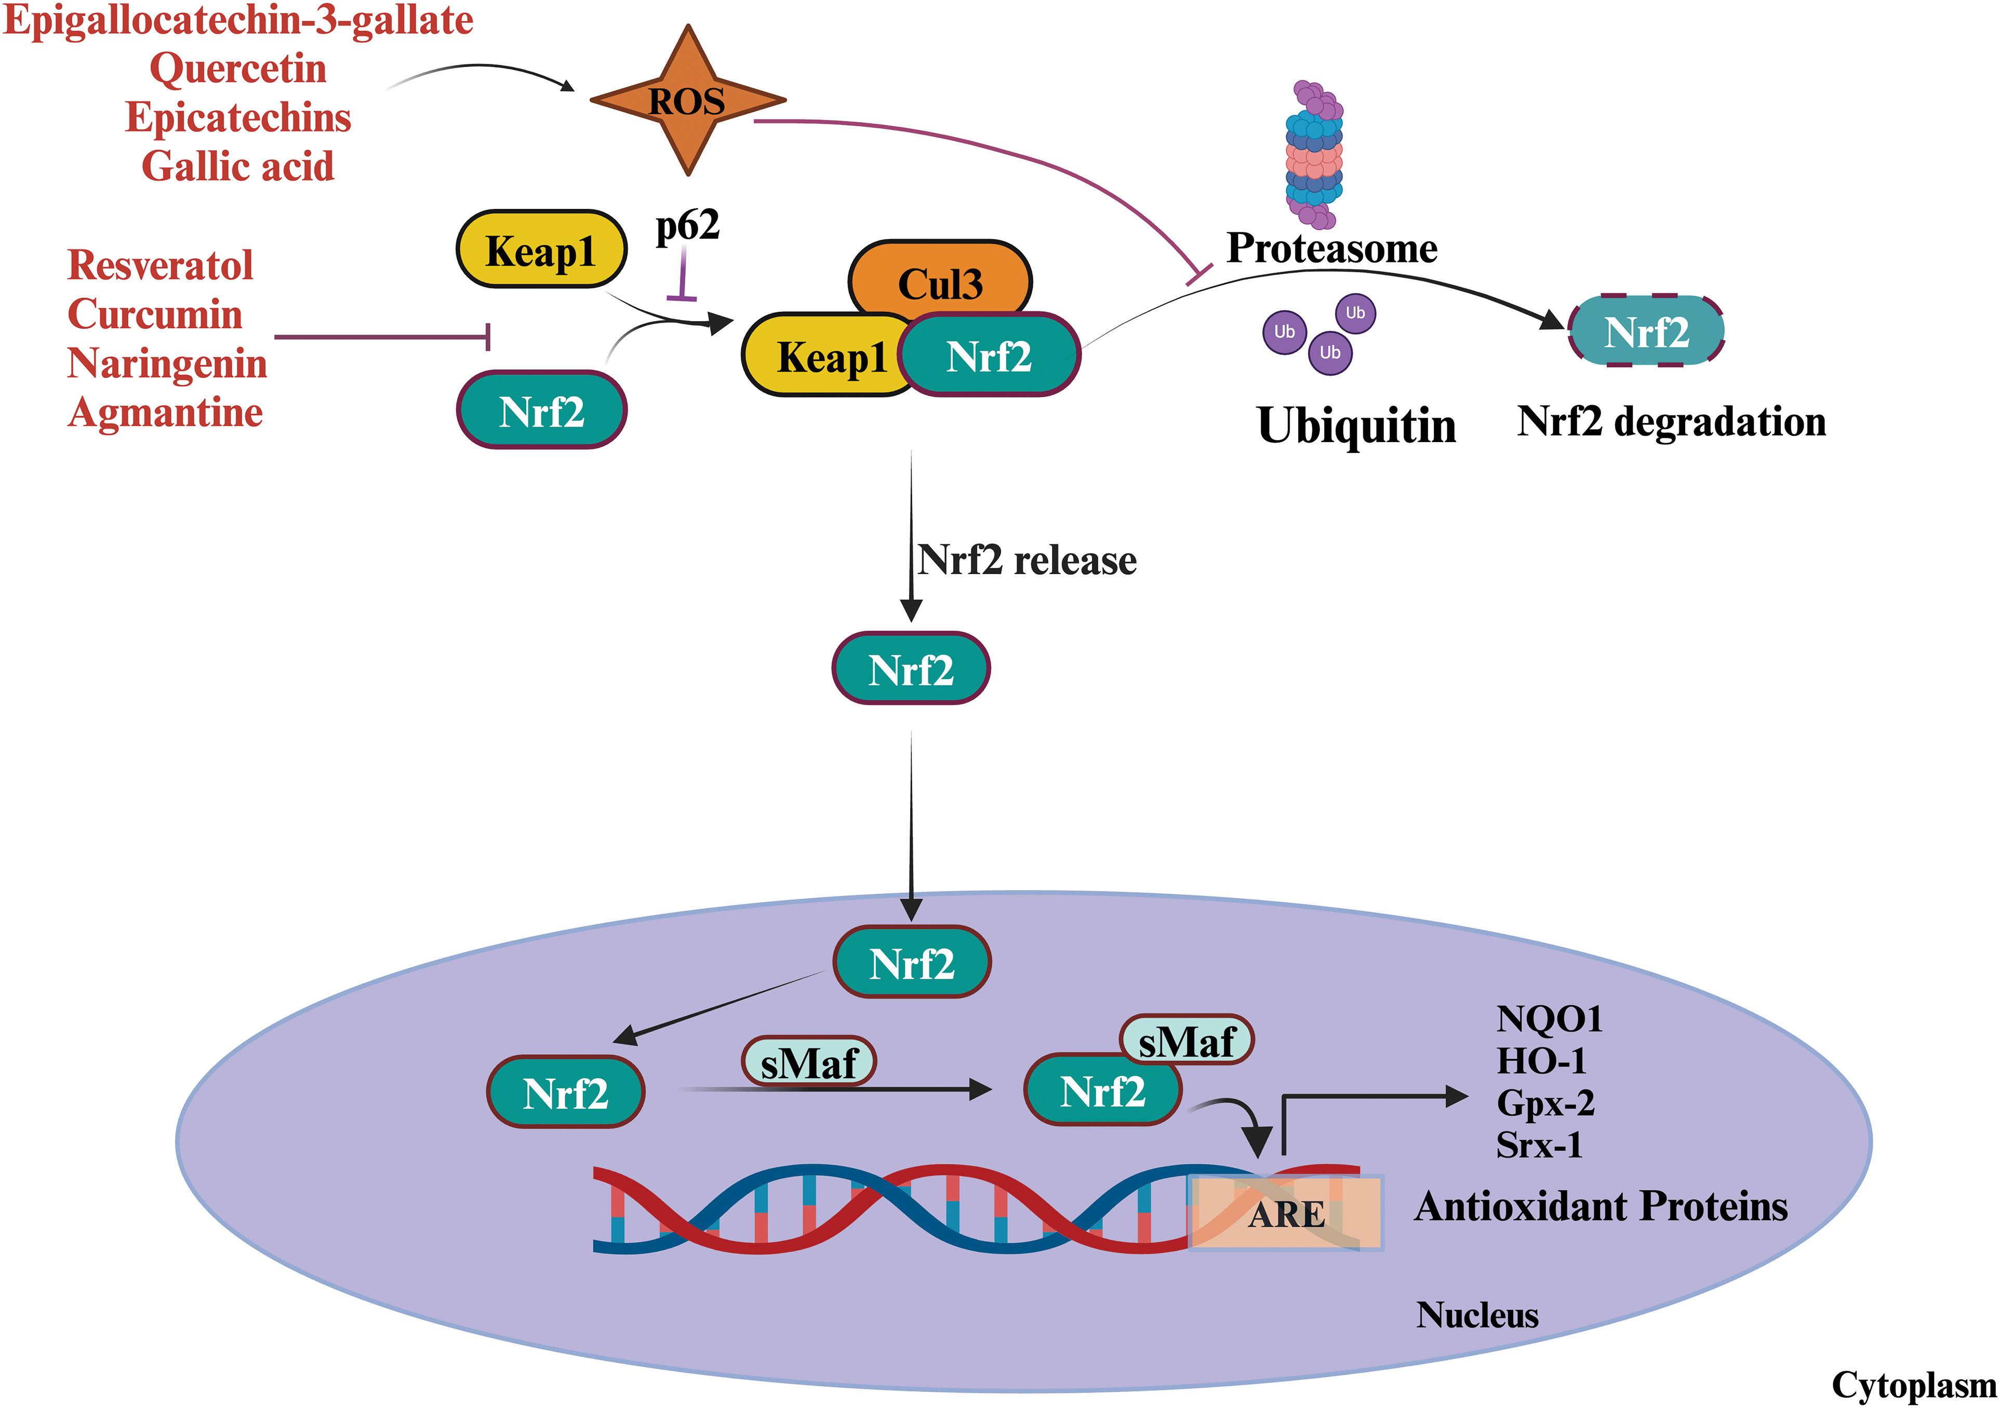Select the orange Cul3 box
(x=940, y=281)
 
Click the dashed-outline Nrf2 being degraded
(x=1646, y=331)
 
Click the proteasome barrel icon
(x=1314, y=154)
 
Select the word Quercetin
(x=238, y=68)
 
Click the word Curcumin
(x=155, y=314)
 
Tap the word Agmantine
(x=166, y=412)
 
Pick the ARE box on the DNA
(x=1286, y=1213)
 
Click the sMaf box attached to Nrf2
(x=1186, y=1040)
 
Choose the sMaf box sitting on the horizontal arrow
(x=808, y=1062)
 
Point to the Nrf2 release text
(x=1027, y=560)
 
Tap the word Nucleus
(x=1477, y=1315)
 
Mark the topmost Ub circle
(x=1355, y=313)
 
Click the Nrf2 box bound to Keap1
(x=990, y=355)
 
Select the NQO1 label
(x=1549, y=1018)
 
